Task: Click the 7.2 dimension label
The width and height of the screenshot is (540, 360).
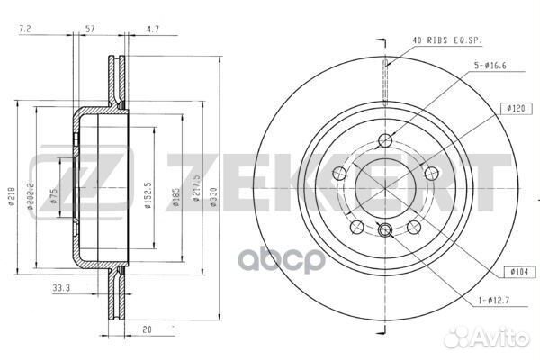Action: pyautogui.click(x=24, y=31)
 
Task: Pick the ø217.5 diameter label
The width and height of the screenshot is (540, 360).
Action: pyautogui.click(x=194, y=194)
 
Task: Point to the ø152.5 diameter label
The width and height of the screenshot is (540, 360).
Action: pyautogui.click(x=147, y=195)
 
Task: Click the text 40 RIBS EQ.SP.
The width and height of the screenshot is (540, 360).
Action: pyautogui.click(x=445, y=40)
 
